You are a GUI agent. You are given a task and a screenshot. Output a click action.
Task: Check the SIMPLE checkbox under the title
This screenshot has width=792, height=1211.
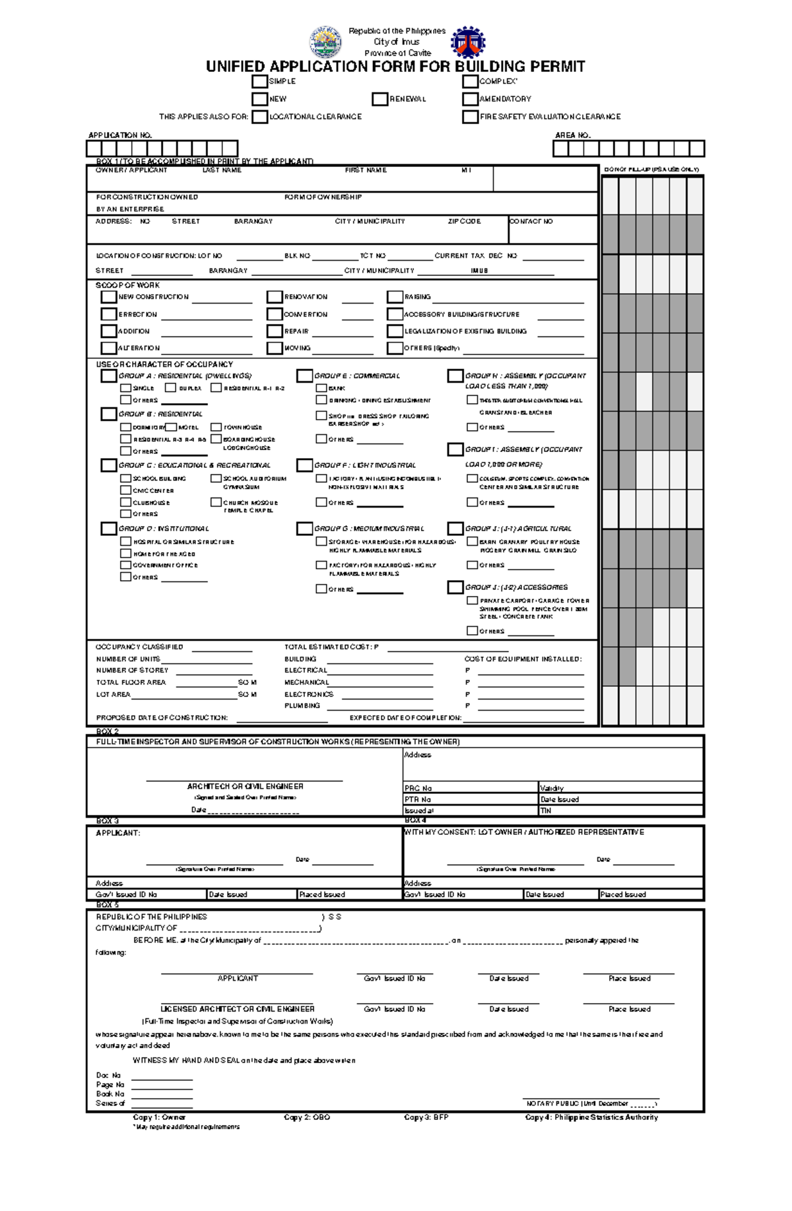259,82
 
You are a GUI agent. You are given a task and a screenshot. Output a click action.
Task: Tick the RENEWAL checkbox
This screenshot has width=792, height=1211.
379,99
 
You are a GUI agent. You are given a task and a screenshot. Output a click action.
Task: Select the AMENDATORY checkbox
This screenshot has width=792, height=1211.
470,99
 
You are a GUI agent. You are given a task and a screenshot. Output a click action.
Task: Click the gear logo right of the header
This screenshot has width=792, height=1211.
468,42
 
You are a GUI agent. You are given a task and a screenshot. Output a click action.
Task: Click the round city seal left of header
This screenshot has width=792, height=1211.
325,42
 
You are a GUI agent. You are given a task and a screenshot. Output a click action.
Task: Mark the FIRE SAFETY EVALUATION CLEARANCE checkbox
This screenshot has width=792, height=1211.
470,117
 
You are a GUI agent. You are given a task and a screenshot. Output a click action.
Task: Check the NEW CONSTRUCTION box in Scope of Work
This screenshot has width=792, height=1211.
109,297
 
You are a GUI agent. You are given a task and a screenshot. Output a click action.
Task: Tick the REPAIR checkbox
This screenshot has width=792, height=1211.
275,331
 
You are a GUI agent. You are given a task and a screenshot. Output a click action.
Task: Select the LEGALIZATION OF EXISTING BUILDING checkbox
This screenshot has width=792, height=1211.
395,331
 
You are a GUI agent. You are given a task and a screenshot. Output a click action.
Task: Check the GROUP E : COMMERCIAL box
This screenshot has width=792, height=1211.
304,376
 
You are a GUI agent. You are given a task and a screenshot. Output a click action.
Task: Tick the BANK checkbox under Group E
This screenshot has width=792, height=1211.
321,388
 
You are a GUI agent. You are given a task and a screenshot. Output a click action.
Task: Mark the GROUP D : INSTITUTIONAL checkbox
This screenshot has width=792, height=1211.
108,529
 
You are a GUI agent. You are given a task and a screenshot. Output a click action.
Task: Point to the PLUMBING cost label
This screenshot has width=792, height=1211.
302,705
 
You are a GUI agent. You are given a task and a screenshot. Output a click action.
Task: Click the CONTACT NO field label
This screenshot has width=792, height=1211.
532,222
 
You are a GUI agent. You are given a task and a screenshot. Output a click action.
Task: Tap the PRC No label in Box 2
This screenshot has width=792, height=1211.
418,788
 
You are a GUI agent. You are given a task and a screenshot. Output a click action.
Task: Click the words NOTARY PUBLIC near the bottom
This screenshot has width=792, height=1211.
552,1103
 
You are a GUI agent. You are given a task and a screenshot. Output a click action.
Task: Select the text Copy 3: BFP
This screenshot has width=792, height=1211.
426,1117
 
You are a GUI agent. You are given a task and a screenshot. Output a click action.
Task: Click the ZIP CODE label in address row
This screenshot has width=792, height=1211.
464,222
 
